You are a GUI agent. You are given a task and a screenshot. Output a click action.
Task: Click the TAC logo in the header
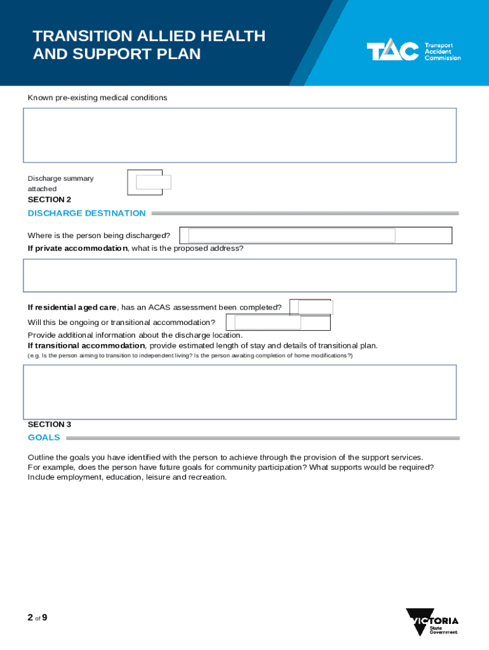(413, 51)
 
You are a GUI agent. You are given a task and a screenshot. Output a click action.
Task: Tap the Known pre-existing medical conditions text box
(239, 135)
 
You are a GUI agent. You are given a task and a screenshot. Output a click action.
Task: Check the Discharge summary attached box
(153, 182)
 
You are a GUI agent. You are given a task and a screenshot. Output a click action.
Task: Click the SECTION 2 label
(45, 199)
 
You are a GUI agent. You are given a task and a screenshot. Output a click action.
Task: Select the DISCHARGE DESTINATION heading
(86, 213)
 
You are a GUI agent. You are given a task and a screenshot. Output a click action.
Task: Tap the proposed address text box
(239, 275)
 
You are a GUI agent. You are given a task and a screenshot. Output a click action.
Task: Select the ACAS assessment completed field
(314, 307)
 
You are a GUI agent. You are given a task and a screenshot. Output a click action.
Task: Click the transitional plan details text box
(239, 392)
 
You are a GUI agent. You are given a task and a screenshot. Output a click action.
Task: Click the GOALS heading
(44, 437)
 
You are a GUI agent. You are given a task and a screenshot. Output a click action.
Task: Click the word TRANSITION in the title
(76, 36)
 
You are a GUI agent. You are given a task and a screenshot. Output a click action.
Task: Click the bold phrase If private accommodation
(77, 248)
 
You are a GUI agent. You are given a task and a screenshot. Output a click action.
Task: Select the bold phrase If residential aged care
(72, 307)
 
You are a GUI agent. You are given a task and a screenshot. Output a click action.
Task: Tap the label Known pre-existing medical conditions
(97, 98)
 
